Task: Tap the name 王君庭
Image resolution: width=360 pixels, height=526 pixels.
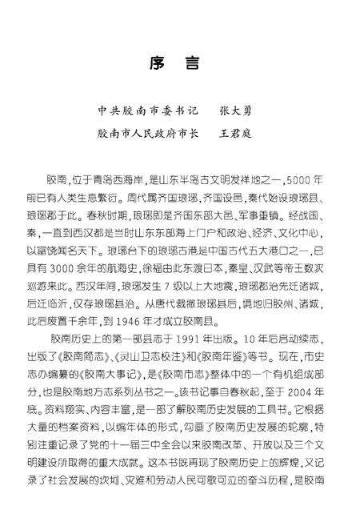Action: [x=234, y=134]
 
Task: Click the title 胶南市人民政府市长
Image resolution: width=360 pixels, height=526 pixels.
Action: [x=151, y=134]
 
